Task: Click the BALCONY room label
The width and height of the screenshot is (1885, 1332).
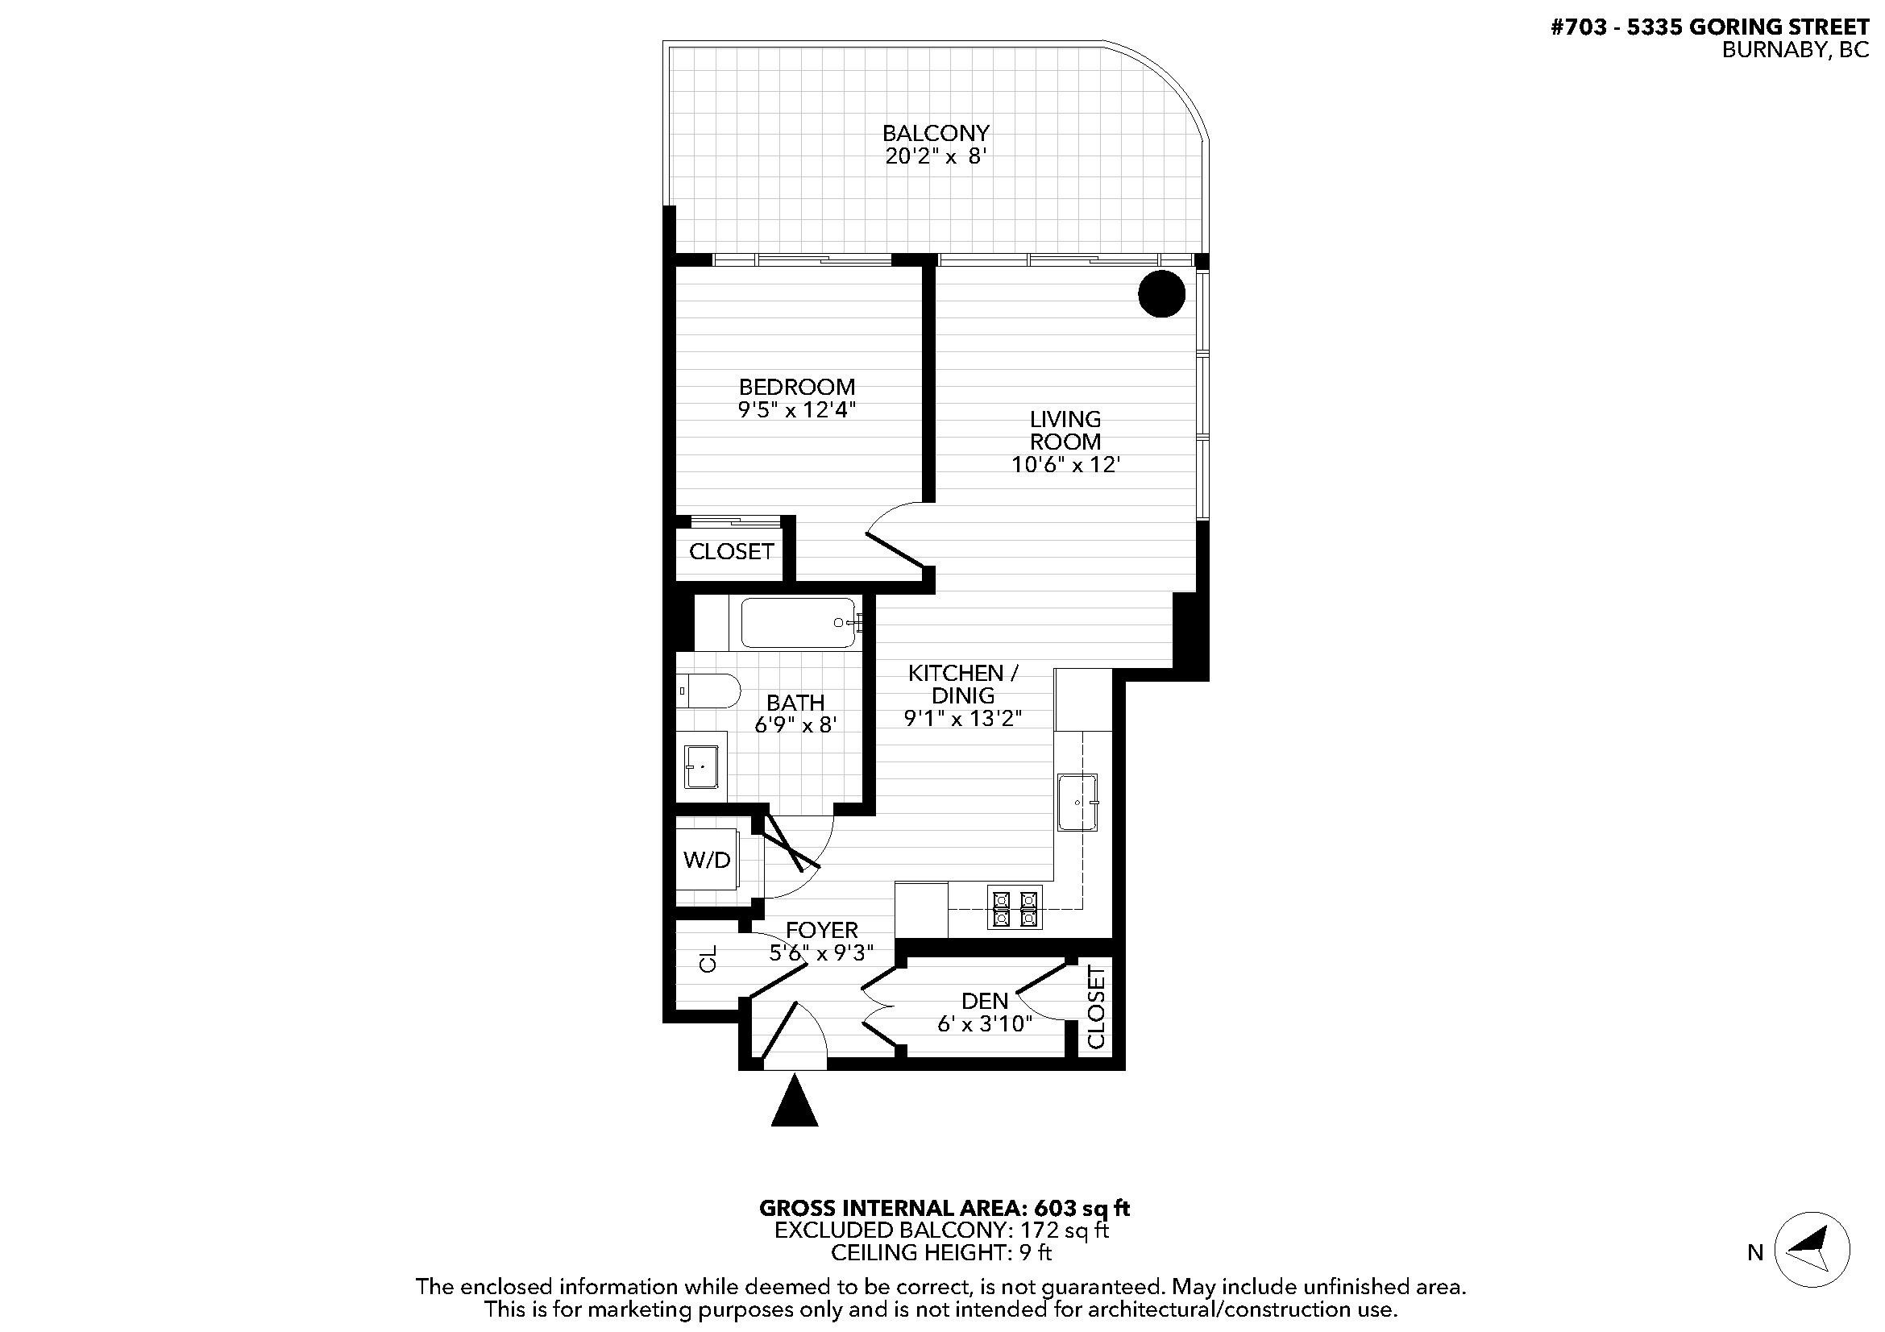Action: (935, 133)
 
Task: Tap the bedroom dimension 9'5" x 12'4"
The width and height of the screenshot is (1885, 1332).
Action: (796, 409)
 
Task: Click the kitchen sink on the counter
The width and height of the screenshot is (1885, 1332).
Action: (1077, 802)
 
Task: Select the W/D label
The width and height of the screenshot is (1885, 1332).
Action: (706, 860)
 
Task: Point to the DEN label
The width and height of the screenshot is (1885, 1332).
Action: (984, 1002)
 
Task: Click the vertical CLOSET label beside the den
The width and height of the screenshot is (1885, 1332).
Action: (1096, 1007)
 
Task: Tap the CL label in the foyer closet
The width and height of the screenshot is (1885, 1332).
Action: (708, 959)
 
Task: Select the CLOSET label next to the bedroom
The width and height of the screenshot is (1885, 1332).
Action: (731, 551)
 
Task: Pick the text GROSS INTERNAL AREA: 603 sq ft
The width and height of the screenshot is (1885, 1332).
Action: (945, 1208)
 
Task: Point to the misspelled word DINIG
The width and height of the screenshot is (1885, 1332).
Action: (963, 696)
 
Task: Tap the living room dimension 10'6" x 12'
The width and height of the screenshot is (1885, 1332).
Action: (1065, 464)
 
